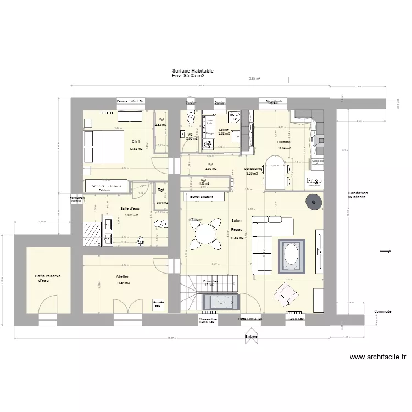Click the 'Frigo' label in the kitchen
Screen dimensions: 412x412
[314, 181]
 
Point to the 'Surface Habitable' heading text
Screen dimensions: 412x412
[193, 71]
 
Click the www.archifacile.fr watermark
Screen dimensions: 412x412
[378, 357]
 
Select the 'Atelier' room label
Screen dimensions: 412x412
[123, 276]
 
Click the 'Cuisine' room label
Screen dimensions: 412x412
[283, 142]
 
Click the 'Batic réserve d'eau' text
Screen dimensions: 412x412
[47, 278]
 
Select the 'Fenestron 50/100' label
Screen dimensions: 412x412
[75, 199]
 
